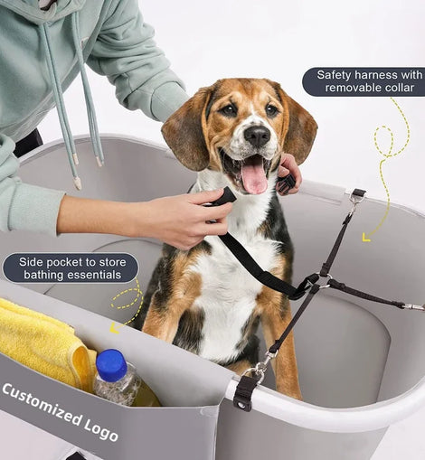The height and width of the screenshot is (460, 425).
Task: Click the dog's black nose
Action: tap(257, 136)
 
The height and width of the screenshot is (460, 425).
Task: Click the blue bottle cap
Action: tap(111, 364)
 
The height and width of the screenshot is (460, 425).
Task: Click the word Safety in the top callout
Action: tap(335, 75)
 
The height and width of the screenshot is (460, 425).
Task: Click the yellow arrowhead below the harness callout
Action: tap(366, 238)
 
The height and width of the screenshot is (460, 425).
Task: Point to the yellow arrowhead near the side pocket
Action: tap(114, 328)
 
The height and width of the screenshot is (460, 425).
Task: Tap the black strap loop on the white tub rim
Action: tap(243, 393)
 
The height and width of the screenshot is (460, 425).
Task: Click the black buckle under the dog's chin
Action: tap(287, 183)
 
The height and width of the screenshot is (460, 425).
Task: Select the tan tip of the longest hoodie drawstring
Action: tap(78, 183)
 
